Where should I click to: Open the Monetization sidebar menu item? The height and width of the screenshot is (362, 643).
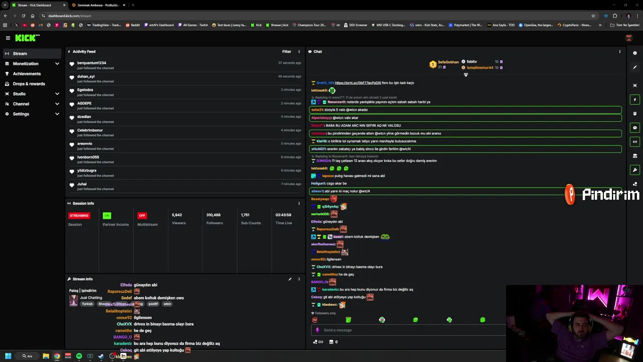(26, 64)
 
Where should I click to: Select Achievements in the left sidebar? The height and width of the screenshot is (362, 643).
(27, 74)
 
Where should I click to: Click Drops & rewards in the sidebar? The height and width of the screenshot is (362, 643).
(29, 84)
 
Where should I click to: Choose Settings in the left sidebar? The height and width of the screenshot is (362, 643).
(21, 114)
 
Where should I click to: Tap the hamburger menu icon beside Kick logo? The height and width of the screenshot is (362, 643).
(8, 38)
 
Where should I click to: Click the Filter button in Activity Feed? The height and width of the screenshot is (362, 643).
(286, 51)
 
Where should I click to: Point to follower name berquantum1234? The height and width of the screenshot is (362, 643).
(91, 63)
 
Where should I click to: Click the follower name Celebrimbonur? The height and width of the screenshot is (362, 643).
(90, 130)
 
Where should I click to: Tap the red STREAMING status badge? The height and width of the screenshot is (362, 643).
(79, 216)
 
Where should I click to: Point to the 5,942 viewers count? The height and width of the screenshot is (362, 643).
(177, 215)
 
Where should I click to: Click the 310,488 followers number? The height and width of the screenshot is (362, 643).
(213, 215)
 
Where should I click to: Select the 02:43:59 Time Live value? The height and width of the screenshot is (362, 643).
(283, 215)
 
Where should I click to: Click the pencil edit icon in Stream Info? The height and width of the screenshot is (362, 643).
(290, 279)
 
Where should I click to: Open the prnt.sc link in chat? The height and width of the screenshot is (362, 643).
(358, 83)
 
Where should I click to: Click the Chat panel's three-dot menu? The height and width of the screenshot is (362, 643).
(619, 51)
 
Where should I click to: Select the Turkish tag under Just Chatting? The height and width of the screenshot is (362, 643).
(87, 304)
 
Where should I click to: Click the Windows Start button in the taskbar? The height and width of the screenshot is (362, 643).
(8, 356)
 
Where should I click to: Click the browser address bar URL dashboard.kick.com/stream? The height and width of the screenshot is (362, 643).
(70, 16)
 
